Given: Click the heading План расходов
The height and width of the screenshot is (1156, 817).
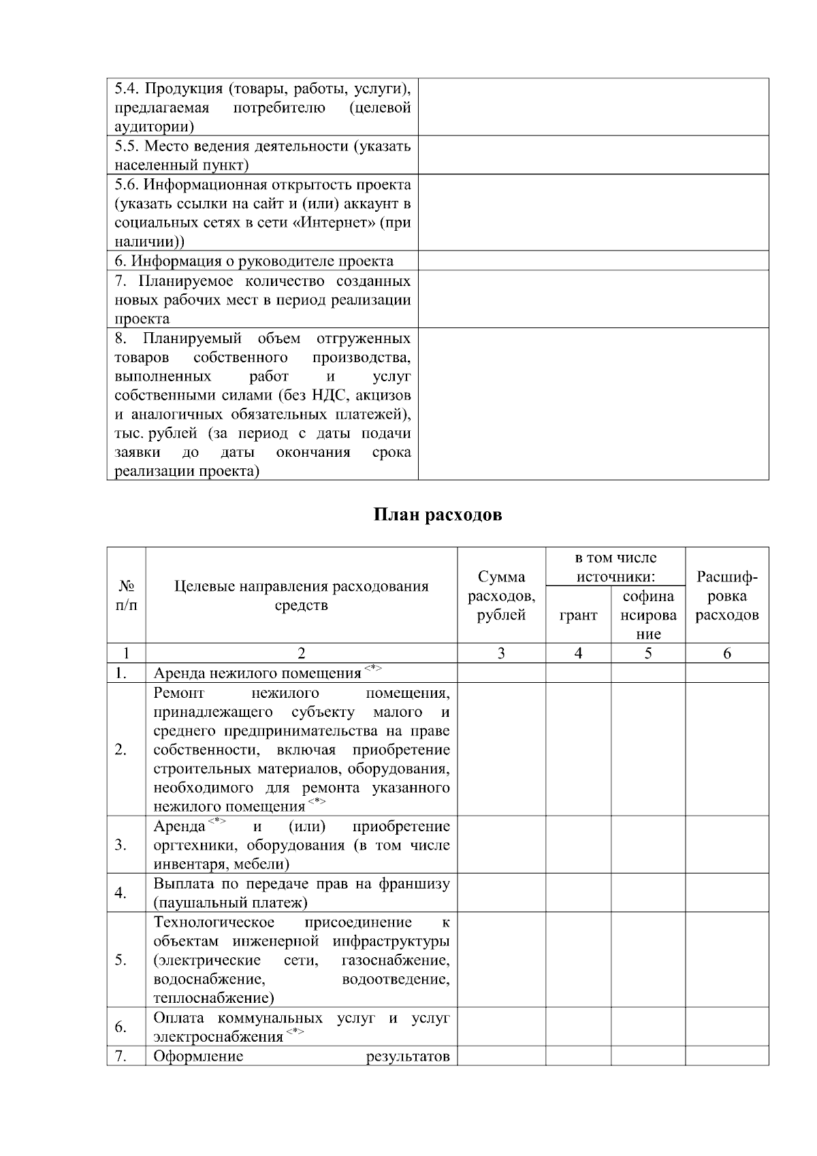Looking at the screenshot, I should coord(438,515).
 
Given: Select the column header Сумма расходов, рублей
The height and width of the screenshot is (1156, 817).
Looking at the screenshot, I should coord(500,596).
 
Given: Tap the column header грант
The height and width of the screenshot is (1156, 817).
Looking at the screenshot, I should coord(578,615).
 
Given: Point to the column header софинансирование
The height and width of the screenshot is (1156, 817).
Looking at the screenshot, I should coord(648,615).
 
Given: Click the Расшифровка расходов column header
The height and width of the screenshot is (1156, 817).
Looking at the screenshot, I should coord(726,596).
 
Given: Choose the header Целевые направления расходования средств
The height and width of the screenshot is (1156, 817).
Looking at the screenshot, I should coord(302,596).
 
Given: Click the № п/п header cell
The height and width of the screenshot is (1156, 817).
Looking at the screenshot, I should coord(126,596).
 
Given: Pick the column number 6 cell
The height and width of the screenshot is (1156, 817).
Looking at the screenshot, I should coord(726,654).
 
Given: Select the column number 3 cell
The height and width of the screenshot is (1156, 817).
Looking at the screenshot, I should coord(500,654).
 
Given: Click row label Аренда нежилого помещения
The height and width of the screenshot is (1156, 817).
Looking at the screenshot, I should coord(257,673).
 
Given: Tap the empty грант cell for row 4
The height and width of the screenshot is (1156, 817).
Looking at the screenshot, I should coord(578,893).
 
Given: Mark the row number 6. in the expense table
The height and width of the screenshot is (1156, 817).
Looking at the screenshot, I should coord(121,1027).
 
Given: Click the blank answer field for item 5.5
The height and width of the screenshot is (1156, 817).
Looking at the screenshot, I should coord(593,155).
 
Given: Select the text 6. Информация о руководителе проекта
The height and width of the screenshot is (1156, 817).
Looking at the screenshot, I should coord(253,261).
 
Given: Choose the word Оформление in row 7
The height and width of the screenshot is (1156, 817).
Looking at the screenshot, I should coord(198,1057).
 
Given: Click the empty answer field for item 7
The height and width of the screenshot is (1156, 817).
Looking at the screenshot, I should coord(593,300).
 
